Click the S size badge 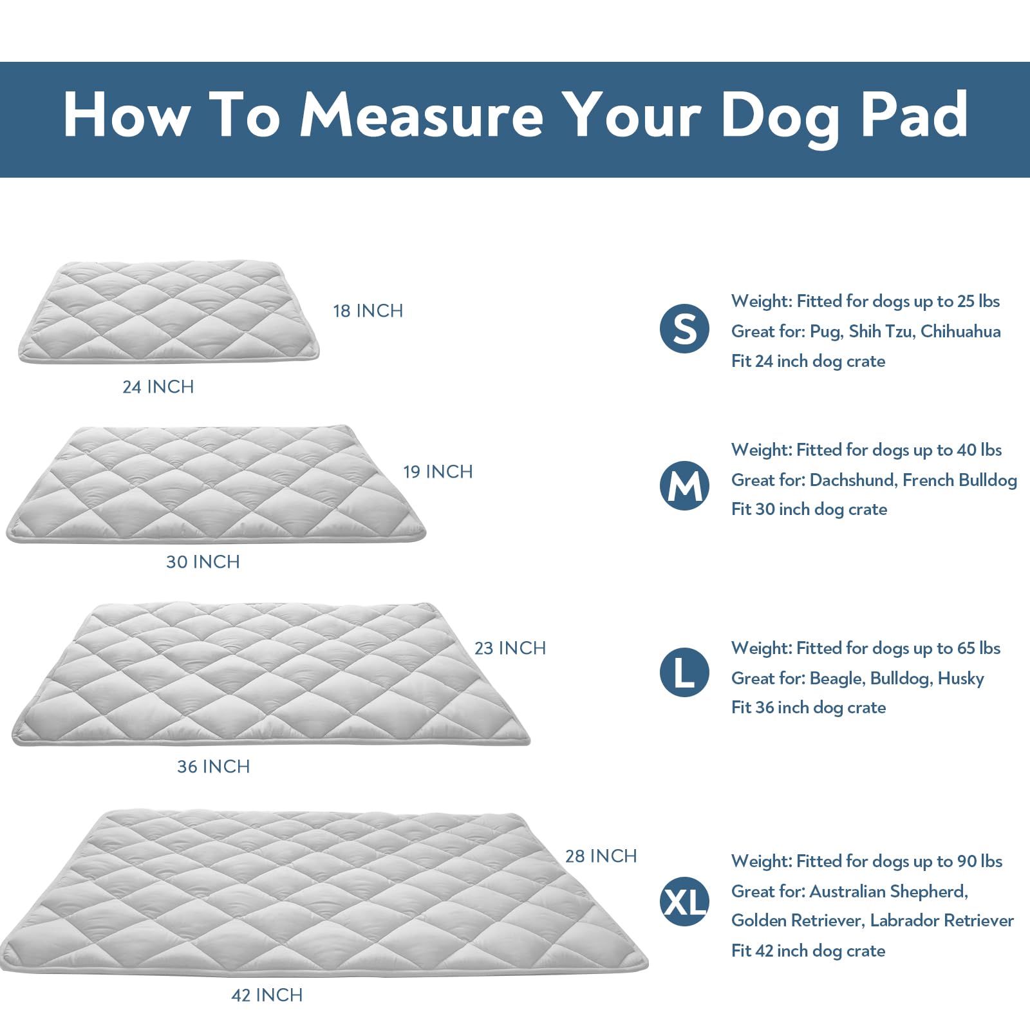pyautogui.click(x=684, y=329)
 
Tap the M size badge pyautogui.click(x=684, y=486)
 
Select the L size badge pyautogui.click(x=684, y=672)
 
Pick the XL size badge pyautogui.click(x=684, y=902)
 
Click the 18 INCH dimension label pyautogui.click(x=368, y=311)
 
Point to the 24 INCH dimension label pyautogui.click(x=158, y=387)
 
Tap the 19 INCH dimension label pyautogui.click(x=438, y=472)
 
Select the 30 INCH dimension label pyautogui.click(x=203, y=562)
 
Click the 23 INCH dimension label pyautogui.click(x=510, y=648)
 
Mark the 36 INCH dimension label pyautogui.click(x=213, y=767)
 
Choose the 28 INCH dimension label pyautogui.click(x=601, y=856)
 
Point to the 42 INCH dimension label pyautogui.click(x=267, y=995)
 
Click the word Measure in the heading pyautogui.click(x=422, y=115)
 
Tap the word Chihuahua pyautogui.click(x=960, y=332)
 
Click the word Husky pyautogui.click(x=960, y=679)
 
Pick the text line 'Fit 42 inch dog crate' pyautogui.click(x=808, y=951)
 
